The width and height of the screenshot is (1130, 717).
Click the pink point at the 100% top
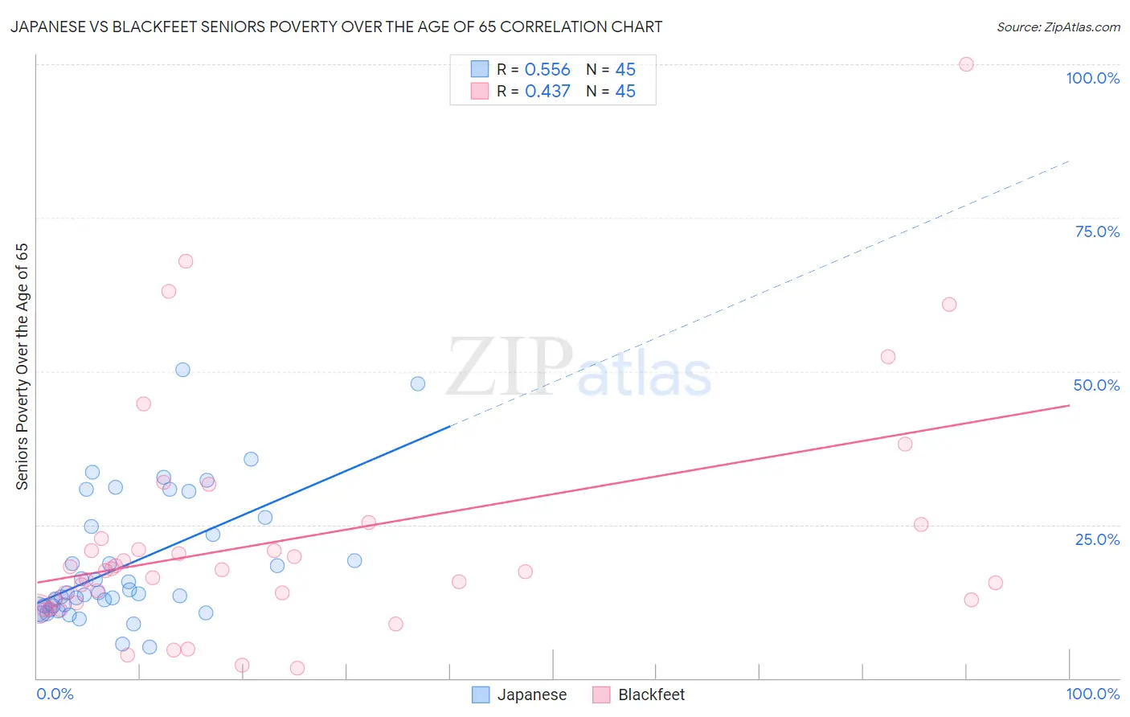[x=966, y=64]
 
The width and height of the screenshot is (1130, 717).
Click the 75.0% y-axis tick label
[x=1096, y=231]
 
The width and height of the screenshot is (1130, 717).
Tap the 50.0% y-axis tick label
[x=1096, y=385]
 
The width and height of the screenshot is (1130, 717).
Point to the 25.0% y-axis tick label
[x=1096, y=539]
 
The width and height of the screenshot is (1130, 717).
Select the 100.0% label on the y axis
[x=1092, y=78]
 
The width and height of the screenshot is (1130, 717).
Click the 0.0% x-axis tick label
[x=55, y=694]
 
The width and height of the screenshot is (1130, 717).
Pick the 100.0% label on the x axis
[x=1092, y=694]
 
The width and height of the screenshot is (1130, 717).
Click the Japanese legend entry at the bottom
[x=519, y=694]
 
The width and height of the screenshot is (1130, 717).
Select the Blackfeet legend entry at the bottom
[x=639, y=694]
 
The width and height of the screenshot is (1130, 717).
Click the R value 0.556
[x=547, y=70]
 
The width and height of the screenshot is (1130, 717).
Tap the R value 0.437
[x=547, y=92]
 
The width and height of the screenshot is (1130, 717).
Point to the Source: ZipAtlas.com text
[x=1058, y=27]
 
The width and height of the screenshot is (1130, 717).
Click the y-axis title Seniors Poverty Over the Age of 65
[x=23, y=367]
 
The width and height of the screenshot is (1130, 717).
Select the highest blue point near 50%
[x=182, y=370]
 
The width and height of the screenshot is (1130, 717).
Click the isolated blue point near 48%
[x=418, y=383]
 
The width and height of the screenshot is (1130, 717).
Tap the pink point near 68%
[x=186, y=261]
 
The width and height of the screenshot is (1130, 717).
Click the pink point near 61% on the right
[x=949, y=304]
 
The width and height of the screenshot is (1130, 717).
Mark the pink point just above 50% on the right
[x=888, y=357]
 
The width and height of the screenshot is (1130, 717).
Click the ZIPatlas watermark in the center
[x=579, y=368]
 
